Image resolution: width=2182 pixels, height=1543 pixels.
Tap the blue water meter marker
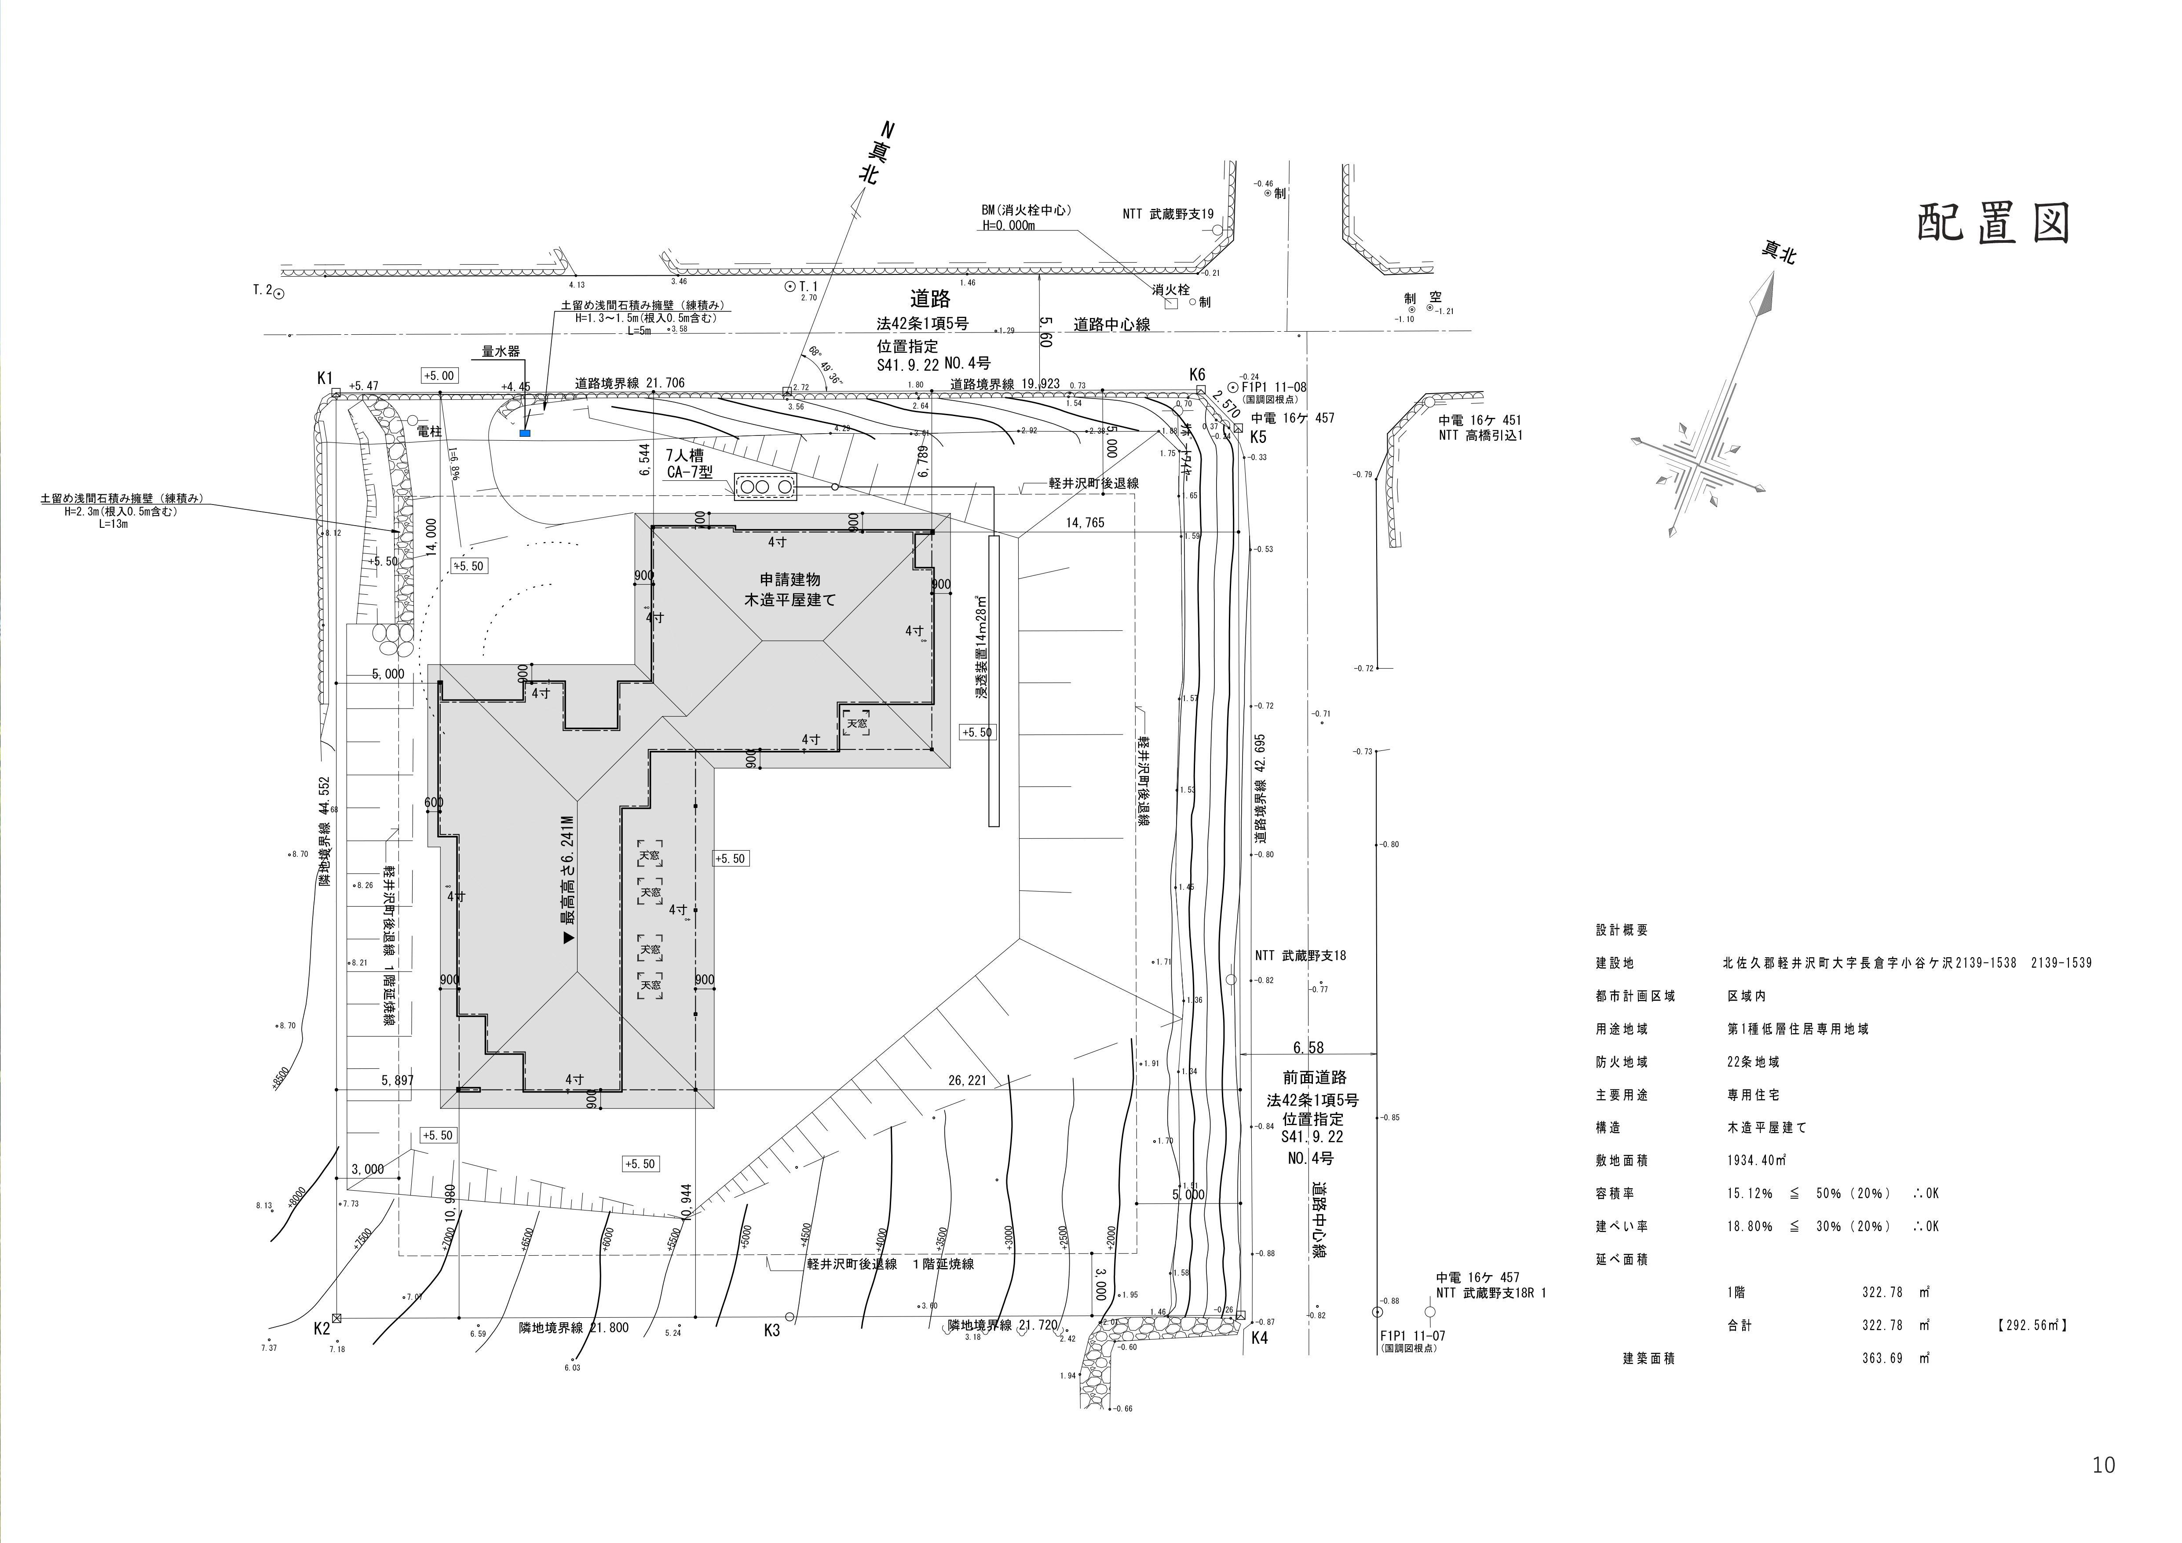coord(525,433)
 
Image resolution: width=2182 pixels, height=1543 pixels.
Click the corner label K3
coord(771,1330)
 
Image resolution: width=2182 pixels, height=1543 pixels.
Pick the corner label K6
coord(1196,374)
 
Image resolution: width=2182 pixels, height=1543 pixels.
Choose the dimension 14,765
coord(1084,523)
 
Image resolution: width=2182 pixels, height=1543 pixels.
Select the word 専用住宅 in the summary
coord(1754,1094)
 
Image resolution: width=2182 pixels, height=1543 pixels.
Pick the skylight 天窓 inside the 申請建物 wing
coord(856,723)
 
